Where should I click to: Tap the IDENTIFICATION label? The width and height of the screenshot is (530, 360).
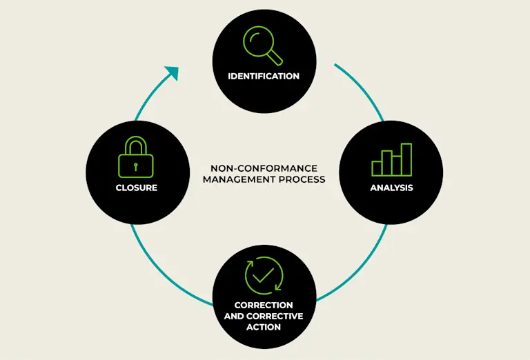pos(264,76)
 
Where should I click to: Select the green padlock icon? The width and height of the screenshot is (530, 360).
pos(135,159)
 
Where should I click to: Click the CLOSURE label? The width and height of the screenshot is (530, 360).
pos(137,188)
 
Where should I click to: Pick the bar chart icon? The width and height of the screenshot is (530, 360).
pos(391,160)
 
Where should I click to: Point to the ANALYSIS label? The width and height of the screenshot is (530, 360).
pos(391,188)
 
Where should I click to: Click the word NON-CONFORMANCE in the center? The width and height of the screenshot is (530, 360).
pos(264,168)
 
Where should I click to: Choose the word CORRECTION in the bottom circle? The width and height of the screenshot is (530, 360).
pos(264,305)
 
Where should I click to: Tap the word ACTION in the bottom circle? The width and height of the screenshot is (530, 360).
pos(264,326)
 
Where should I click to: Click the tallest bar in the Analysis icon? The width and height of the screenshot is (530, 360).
pos(406,159)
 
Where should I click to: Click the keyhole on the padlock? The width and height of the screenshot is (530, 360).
pos(135,166)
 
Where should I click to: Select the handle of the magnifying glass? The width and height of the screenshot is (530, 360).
pos(275,57)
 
